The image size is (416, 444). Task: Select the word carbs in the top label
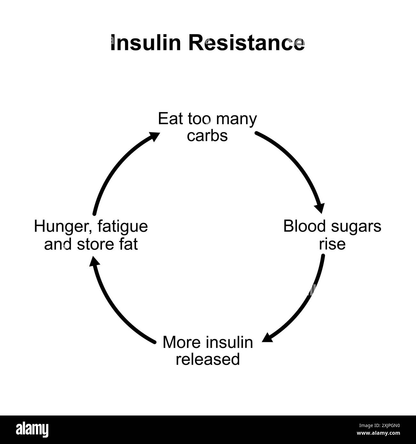click(207, 135)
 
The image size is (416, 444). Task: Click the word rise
click(332, 244)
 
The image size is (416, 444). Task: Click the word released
click(208, 359)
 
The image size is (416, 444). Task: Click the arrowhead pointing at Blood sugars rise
click(320, 208)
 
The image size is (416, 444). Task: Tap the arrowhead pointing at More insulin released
click(268, 338)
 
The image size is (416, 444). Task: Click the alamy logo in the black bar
click(33, 429)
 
